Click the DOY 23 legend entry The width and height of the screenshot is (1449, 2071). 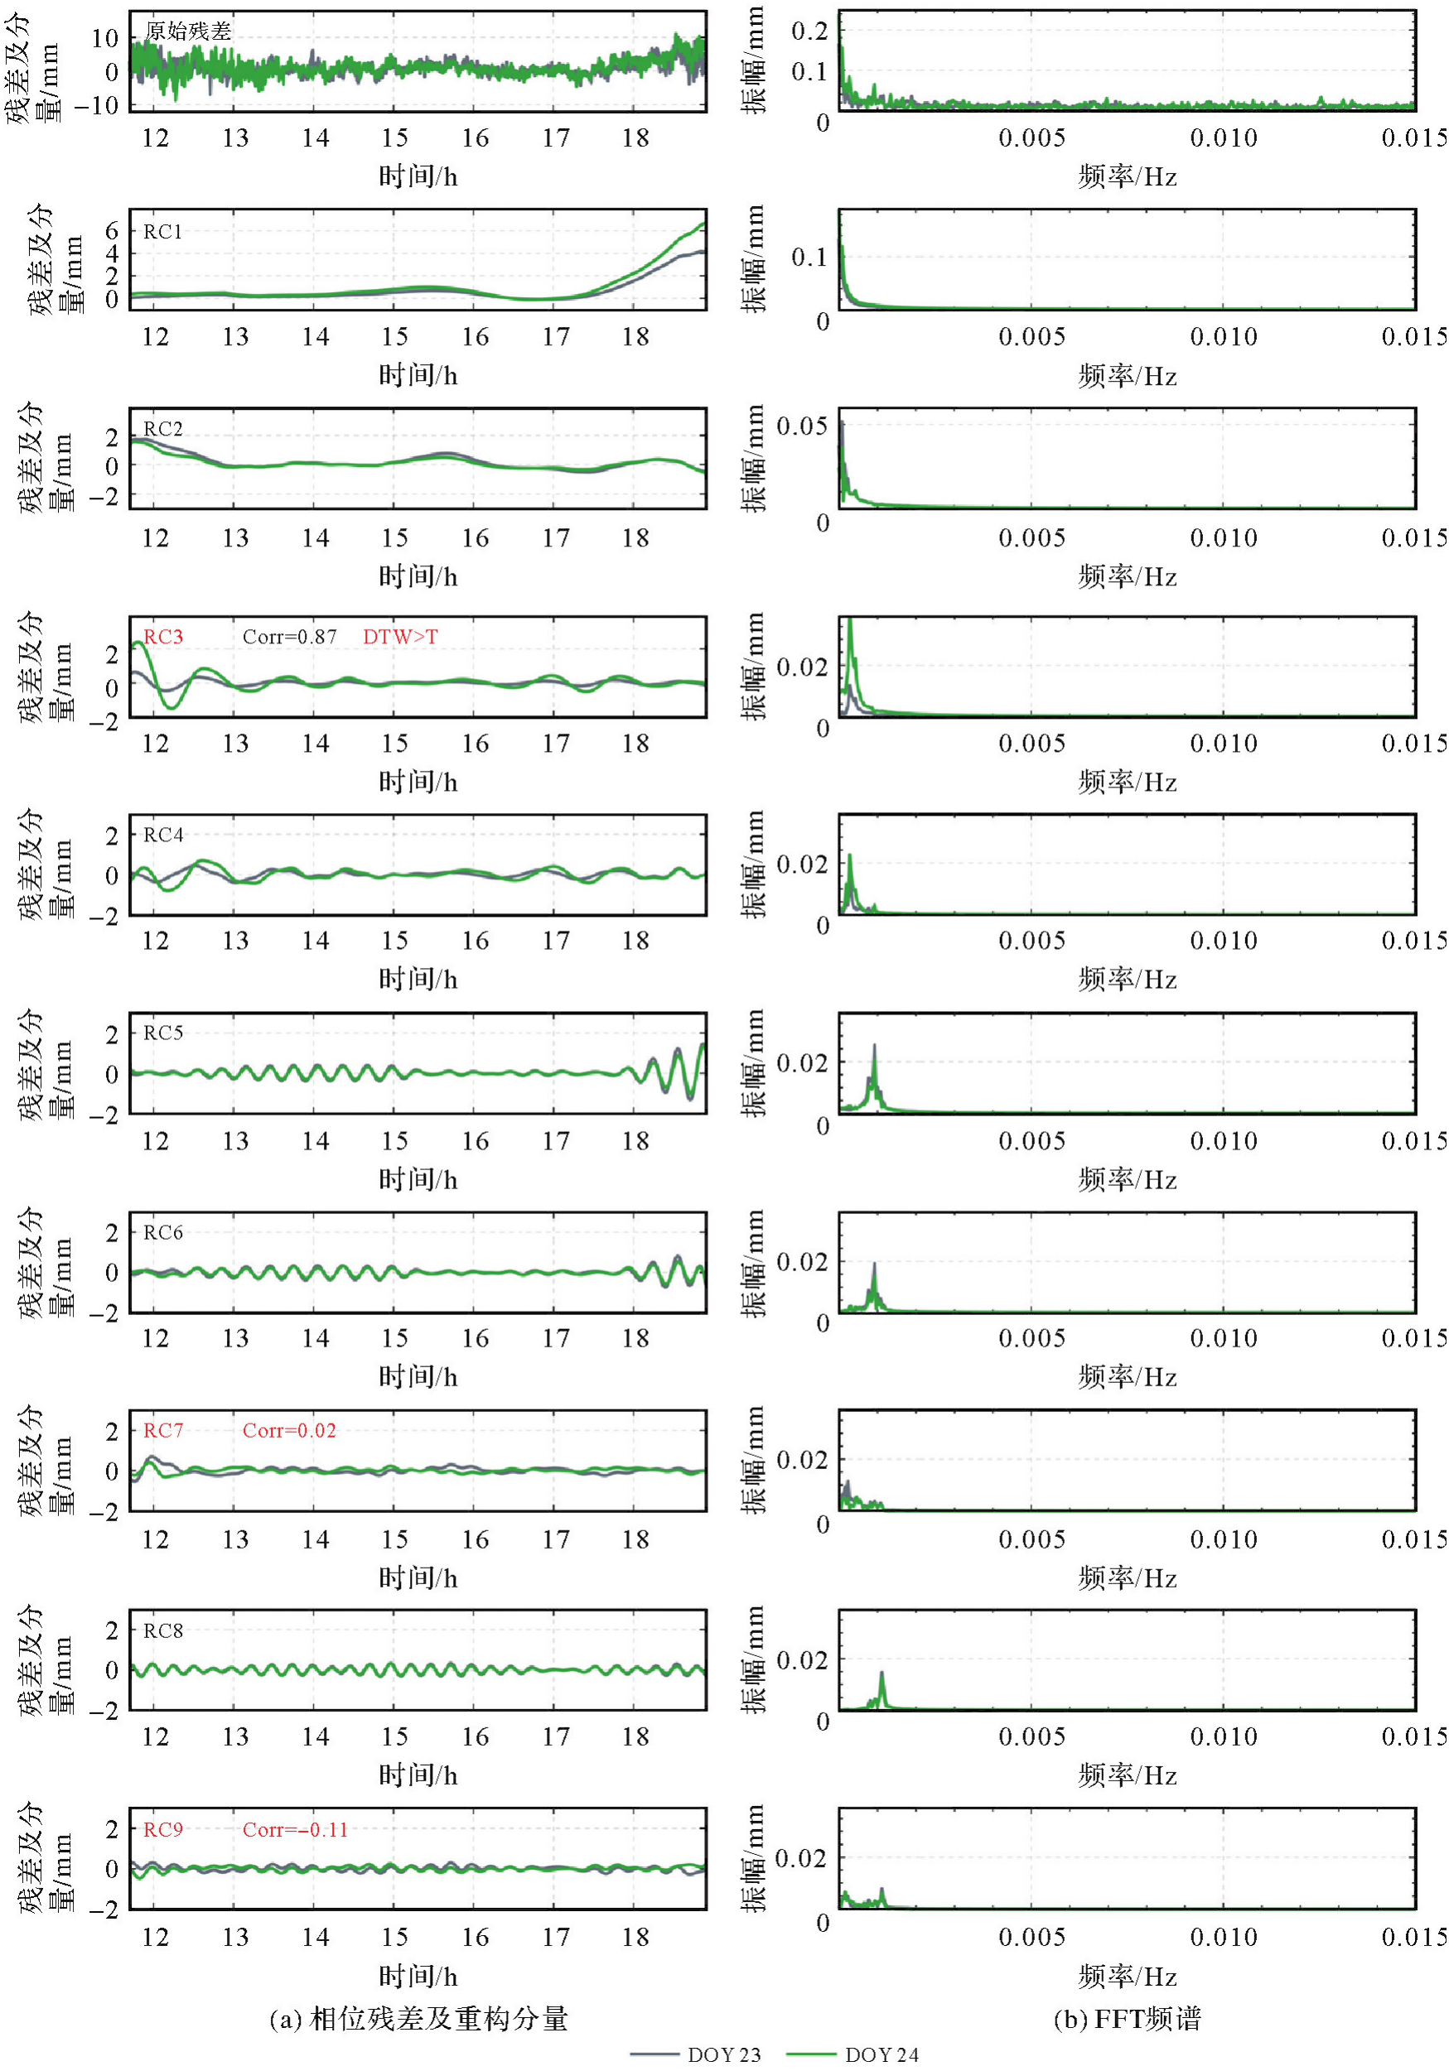(696, 2054)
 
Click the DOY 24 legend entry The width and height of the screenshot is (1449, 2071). (852, 2054)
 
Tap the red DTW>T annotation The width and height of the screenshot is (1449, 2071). (399, 637)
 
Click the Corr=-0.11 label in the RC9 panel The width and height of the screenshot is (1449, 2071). (294, 1829)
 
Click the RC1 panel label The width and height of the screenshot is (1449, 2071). (163, 232)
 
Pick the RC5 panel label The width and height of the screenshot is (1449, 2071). (163, 1033)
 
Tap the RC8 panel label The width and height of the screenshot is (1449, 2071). (163, 1630)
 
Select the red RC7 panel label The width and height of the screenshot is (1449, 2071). (163, 1431)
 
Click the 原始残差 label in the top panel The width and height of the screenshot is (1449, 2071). (188, 31)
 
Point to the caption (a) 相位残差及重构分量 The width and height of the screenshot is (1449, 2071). (418, 2018)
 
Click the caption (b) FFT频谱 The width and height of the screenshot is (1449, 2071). (1127, 2018)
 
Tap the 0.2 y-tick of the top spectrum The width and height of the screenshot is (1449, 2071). (809, 31)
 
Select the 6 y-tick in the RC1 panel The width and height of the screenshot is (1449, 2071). (111, 231)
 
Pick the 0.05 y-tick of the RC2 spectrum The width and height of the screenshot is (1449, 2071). (801, 426)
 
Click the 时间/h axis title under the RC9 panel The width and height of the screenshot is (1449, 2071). (418, 1977)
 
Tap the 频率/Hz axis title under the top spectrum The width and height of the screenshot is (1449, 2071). (1127, 177)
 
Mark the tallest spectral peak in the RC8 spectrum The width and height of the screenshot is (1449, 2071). (881, 1674)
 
